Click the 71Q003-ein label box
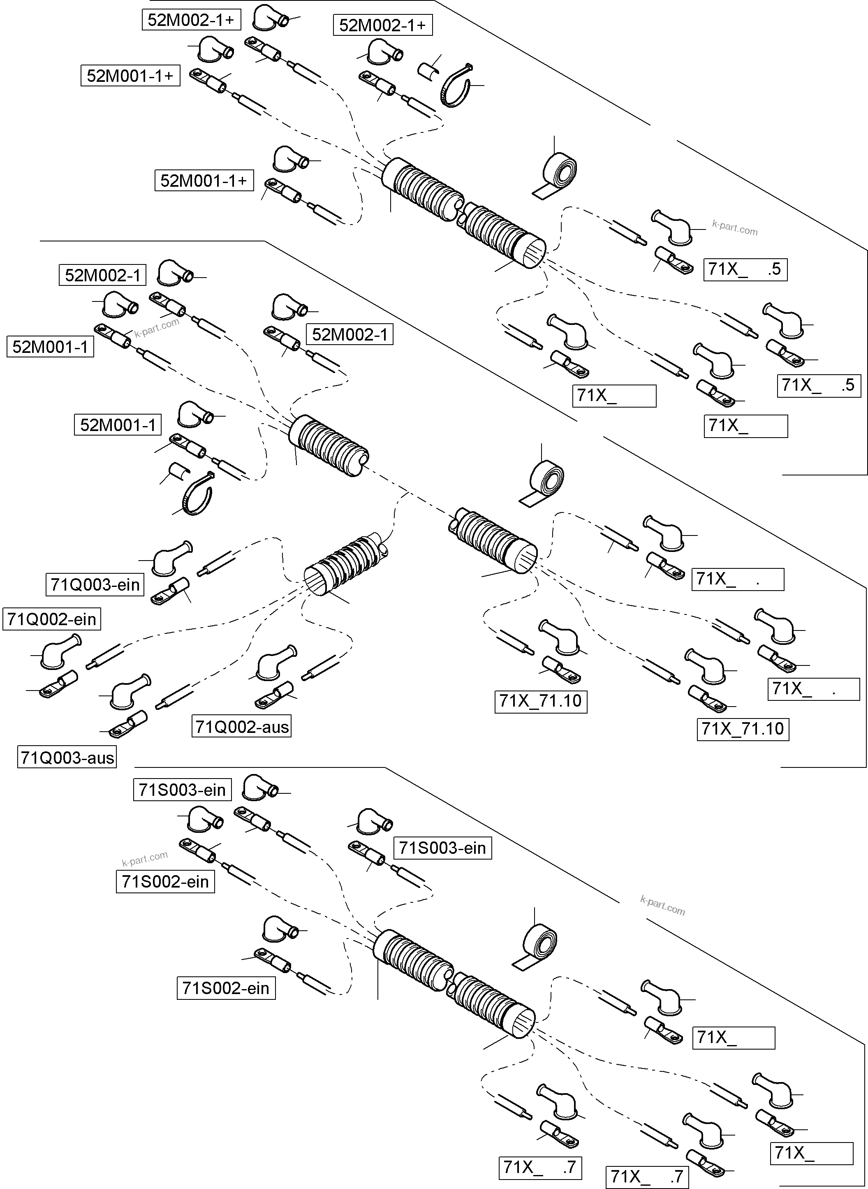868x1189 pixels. (x=95, y=584)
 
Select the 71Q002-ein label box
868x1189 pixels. (x=51, y=619)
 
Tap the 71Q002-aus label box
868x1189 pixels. (x=242, y=727)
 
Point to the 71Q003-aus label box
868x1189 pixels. (x=67, y=757)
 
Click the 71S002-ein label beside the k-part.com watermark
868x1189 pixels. (x=165, y=881)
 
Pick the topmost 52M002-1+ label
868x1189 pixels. (x=191, y=20)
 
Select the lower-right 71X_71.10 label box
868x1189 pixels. (x=743, y=729)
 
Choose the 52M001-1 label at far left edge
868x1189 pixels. (x=50, y=347)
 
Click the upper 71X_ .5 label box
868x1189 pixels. (x=745, y=269)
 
